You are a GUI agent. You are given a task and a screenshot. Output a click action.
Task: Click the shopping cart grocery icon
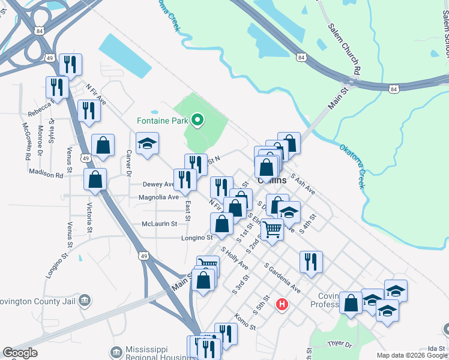click(x=273, y=228)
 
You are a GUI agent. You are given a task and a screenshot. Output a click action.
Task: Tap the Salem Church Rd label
click(x=344, y=49)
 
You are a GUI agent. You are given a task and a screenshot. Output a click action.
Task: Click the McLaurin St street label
click(x=159, y=223)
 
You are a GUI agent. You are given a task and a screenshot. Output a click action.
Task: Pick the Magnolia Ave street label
click(x=158, y=197)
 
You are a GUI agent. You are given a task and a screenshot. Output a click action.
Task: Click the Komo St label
click(x=245, y=322)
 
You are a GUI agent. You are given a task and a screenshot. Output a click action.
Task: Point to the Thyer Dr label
click(x=339, y=344)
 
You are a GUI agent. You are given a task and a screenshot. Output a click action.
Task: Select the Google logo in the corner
click(x=20, y=353)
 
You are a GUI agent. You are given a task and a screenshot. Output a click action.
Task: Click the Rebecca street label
click(x=41, y=113)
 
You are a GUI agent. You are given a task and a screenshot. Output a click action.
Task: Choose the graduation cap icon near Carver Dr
click(x=147, y=144)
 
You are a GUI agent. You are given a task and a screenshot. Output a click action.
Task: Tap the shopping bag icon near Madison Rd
click(x=95, y=179)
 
